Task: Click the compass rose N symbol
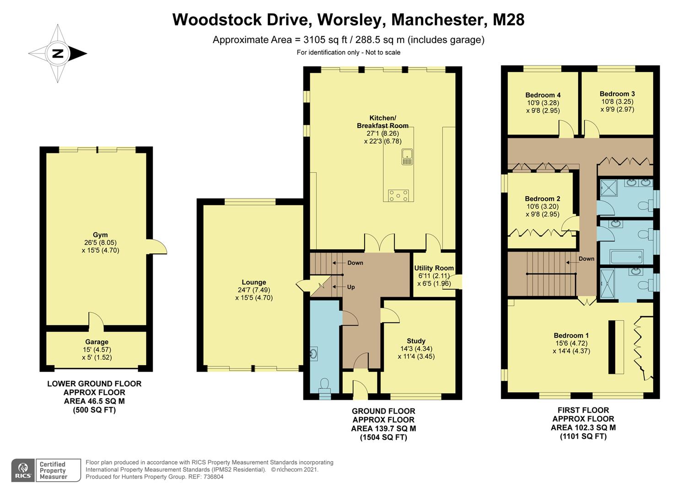pos(58,54)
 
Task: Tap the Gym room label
pos(100,235)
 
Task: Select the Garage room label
pos(97,342)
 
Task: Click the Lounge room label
pos(254,282)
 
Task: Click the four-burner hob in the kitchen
pos(398,195)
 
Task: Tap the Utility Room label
pos(434,268)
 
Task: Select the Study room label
pos(416,341)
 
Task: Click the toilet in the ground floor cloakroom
pos(324,385)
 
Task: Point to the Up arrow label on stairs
pos(350,287)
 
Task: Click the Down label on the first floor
pos(586,258)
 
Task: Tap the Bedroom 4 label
pos(543,95)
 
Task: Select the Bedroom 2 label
pos(543,199)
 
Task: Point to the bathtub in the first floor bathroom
pos(627,256)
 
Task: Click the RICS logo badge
pos(23,470)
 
